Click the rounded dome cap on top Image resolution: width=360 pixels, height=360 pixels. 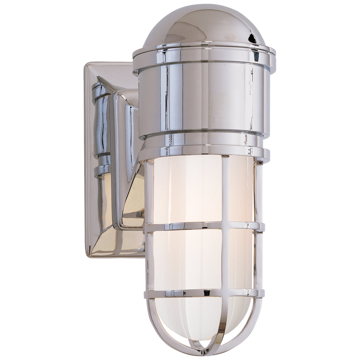pos(202,25)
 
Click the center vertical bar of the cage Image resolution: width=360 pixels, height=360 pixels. pos(224,191)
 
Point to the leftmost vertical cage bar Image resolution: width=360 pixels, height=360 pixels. pos(149,194)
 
